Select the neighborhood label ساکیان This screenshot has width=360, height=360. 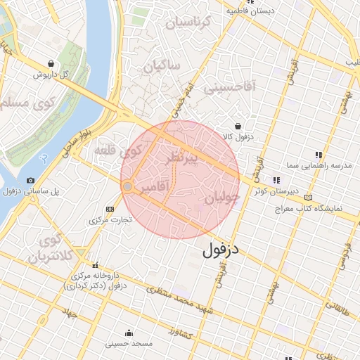(162, 67)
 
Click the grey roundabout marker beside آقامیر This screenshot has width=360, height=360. (128, 187)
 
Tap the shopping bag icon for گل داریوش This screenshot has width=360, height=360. (50, 63)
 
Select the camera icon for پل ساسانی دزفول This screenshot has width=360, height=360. (31, 181)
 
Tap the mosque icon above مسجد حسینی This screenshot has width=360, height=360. (129, 333)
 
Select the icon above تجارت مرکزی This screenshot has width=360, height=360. (110, 209)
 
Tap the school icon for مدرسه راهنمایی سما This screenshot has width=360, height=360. (319, 154)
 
